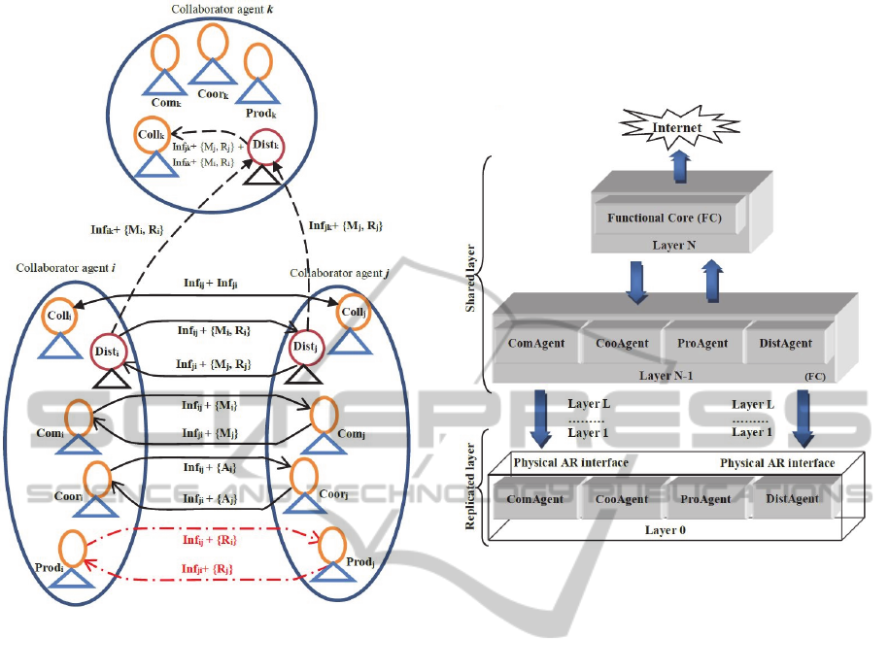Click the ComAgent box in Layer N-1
coord(536,343)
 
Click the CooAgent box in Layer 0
coord(622,498)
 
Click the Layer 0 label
coord(667,530)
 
